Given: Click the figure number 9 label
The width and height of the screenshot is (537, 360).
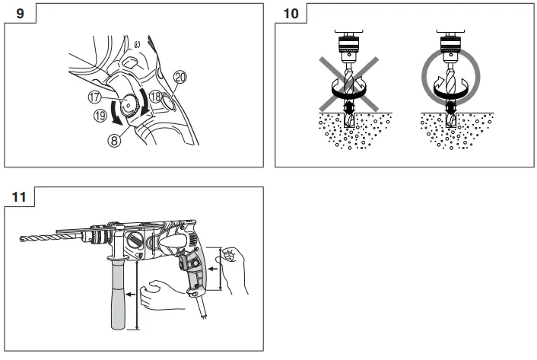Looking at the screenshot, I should tap(20, 13).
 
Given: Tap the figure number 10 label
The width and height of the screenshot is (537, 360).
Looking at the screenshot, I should tap(292, 13).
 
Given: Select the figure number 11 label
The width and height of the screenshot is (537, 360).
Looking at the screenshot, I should tap(20, 196).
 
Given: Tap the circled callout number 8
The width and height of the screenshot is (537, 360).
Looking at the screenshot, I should tap(116, 140).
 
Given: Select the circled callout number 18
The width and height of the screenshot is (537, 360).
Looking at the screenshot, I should tap(155, 97).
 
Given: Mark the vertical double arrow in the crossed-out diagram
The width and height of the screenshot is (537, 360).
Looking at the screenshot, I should tap(349, 111).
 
